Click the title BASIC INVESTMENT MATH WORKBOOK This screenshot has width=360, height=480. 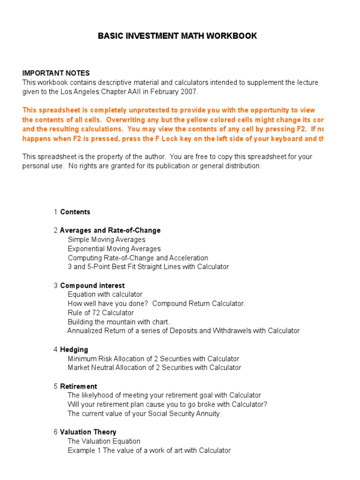tap(177, 36)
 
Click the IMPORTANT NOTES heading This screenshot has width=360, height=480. tap(56, 73)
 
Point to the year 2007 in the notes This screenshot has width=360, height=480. tap(190, 91)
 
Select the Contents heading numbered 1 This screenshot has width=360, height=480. tap(75, 212)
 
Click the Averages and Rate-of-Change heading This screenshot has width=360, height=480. tap(110, 230)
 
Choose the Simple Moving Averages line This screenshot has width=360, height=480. tap(106, 240)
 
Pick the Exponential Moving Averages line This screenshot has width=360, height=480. tap(114, 248)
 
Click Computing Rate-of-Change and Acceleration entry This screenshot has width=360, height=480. tap(138, 258)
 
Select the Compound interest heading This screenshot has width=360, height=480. tap(92, 285)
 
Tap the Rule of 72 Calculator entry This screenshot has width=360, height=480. tap(100, 313)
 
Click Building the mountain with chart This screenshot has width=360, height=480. tap(119, 322)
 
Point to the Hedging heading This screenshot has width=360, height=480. tap(74, 350)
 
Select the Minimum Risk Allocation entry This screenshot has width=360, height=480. tap(153, 359)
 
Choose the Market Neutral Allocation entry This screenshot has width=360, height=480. tap(154, 367)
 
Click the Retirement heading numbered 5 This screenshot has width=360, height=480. tap(78, 386)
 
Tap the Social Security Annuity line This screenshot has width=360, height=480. tap(143, 413)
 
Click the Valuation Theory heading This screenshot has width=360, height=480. tap(88, 432)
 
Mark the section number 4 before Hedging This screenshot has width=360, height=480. tap(55, 350)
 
